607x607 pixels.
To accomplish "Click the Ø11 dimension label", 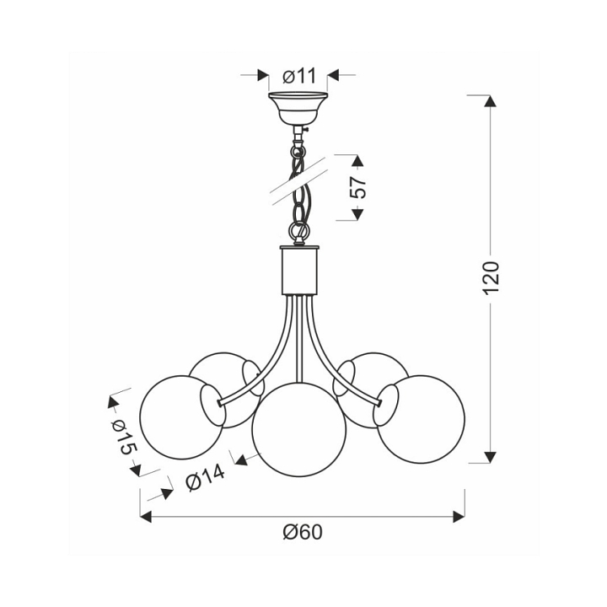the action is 299,76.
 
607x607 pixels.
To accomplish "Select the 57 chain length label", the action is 357,187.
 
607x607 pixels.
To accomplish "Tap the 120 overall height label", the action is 492,277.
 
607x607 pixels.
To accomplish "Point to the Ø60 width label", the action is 303,533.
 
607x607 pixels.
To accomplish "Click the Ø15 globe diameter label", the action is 125,438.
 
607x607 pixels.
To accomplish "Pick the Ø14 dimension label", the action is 205,477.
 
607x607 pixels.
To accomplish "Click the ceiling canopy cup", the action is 298,108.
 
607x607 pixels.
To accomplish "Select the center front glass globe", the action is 298,430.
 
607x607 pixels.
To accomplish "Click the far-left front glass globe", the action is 182,417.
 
